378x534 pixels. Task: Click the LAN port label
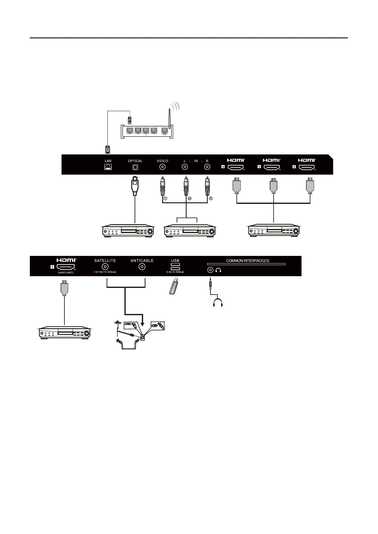tap(108, 161)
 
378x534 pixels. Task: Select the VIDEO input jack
tap(162, 167)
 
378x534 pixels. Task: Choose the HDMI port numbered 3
tap(272, 167)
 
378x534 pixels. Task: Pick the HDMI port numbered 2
tap(307, 167)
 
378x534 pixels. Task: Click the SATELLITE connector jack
tap(105, 267)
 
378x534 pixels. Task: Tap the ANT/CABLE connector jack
tap(142, 267)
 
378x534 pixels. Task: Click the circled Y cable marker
tap(165, 199)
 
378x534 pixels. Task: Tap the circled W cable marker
tap(189, 199)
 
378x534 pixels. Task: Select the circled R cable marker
tap(210, 199)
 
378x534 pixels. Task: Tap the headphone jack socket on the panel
tap(210, 270)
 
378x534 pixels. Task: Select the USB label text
tap(175, 261)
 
